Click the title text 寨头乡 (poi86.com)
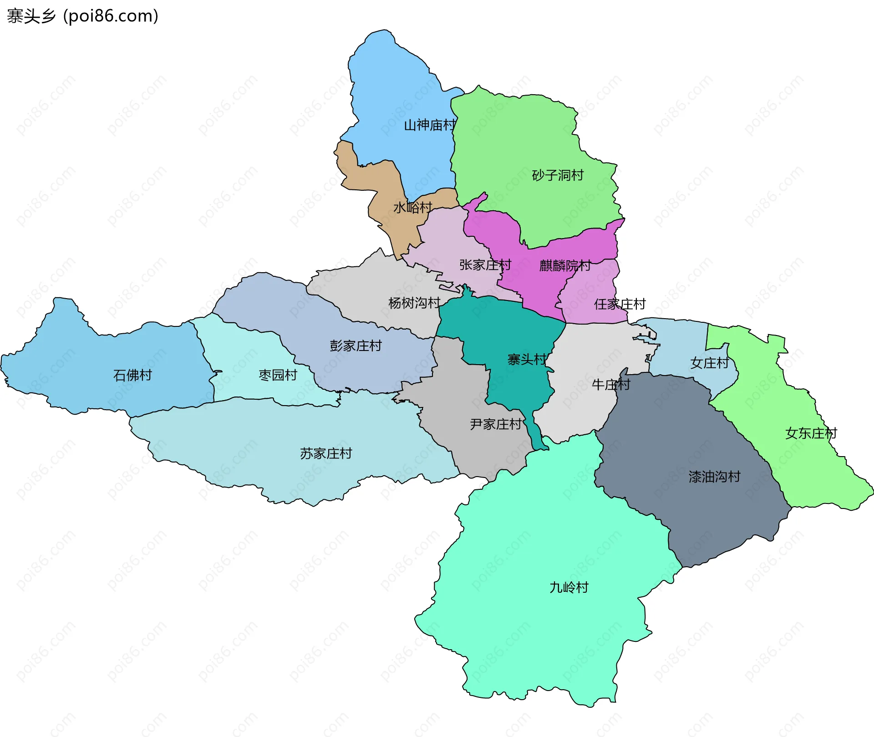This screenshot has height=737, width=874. [82, 16]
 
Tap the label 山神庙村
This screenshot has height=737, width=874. [430, 125]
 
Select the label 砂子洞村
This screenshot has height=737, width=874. [558, 175]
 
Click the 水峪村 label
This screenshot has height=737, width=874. [412, 208]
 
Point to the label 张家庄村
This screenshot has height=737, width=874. [485, 264]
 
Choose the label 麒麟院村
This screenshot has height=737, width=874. [565, 265]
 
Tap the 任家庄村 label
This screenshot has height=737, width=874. [620, 304]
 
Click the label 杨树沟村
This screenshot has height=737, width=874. [414, 303]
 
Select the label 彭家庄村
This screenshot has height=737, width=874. [356, 346]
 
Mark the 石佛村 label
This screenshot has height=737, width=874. [132, 375]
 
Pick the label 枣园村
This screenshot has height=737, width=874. [278, 375]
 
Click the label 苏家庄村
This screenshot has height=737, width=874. [326, 453]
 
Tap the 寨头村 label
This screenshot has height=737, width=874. [527, 360]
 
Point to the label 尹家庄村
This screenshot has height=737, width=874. [496, 424]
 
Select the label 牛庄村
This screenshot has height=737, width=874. [611, 385]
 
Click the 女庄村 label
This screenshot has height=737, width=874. [709, 363]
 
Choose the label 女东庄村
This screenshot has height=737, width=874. [811, 433]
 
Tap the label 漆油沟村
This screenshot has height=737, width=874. [714, 477]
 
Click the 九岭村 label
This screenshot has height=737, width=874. [569, 587]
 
